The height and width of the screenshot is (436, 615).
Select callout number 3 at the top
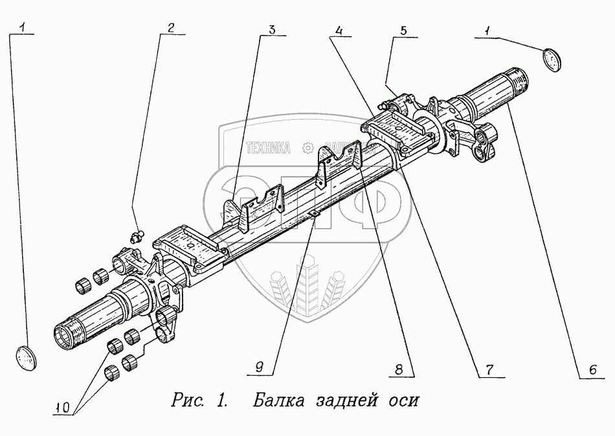pyautogui.click(x=273, y=28)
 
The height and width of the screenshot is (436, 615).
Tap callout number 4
pyautogui.click(x=339, y=29)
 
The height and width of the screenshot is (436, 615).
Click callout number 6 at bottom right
pyautogui.click(x=591, y=370)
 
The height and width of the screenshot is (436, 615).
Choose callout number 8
pyautogui.click(x=399, y=370)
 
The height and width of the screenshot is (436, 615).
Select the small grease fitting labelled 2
pyautogui.click(x=137, y=235)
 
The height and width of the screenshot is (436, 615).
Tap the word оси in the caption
pyautogui.click(x=403, y=400)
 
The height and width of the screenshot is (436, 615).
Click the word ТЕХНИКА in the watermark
pyautogui.click(x=268, y=148)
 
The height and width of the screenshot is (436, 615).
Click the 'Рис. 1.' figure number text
pyautogui.click(x=199, y=399)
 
